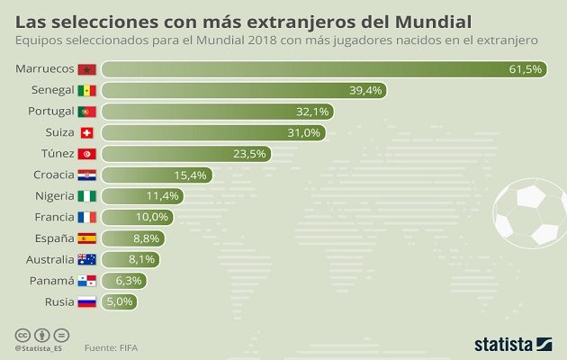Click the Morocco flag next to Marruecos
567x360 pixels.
87,69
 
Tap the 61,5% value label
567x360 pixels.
522,69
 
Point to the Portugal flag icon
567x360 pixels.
87,112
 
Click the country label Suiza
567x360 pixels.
53,132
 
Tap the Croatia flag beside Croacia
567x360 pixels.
87,175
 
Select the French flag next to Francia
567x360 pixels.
87,217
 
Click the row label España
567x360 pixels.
50,238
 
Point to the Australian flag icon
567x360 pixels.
87,259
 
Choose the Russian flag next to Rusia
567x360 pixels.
87,301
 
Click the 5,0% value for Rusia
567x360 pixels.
121,301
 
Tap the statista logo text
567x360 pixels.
503,344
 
